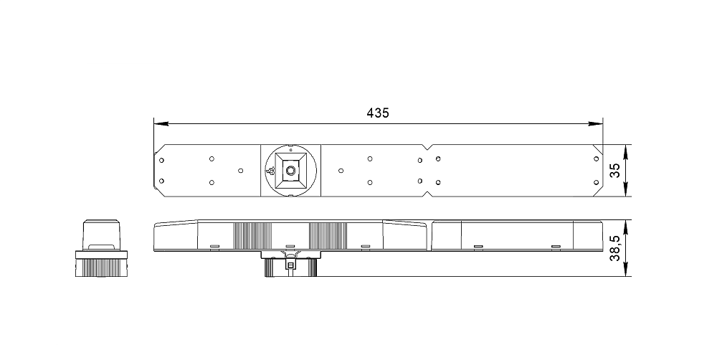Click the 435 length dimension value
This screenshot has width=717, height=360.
coord(378,113)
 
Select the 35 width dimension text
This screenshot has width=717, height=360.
coord(615,171)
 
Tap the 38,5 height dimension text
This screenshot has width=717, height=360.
coord(615,248)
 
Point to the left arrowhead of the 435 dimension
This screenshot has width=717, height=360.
coord(161,123)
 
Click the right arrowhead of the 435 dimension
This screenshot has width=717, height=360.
coord(595,123)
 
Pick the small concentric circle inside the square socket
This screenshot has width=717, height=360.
coord(290,171)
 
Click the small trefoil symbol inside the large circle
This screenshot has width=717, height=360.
coord(272,171)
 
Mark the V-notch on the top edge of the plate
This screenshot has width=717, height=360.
coord(427,147)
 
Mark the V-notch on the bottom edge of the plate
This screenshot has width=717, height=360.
coord(427,194)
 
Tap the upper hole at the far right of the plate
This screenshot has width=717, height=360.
coord(596,158)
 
